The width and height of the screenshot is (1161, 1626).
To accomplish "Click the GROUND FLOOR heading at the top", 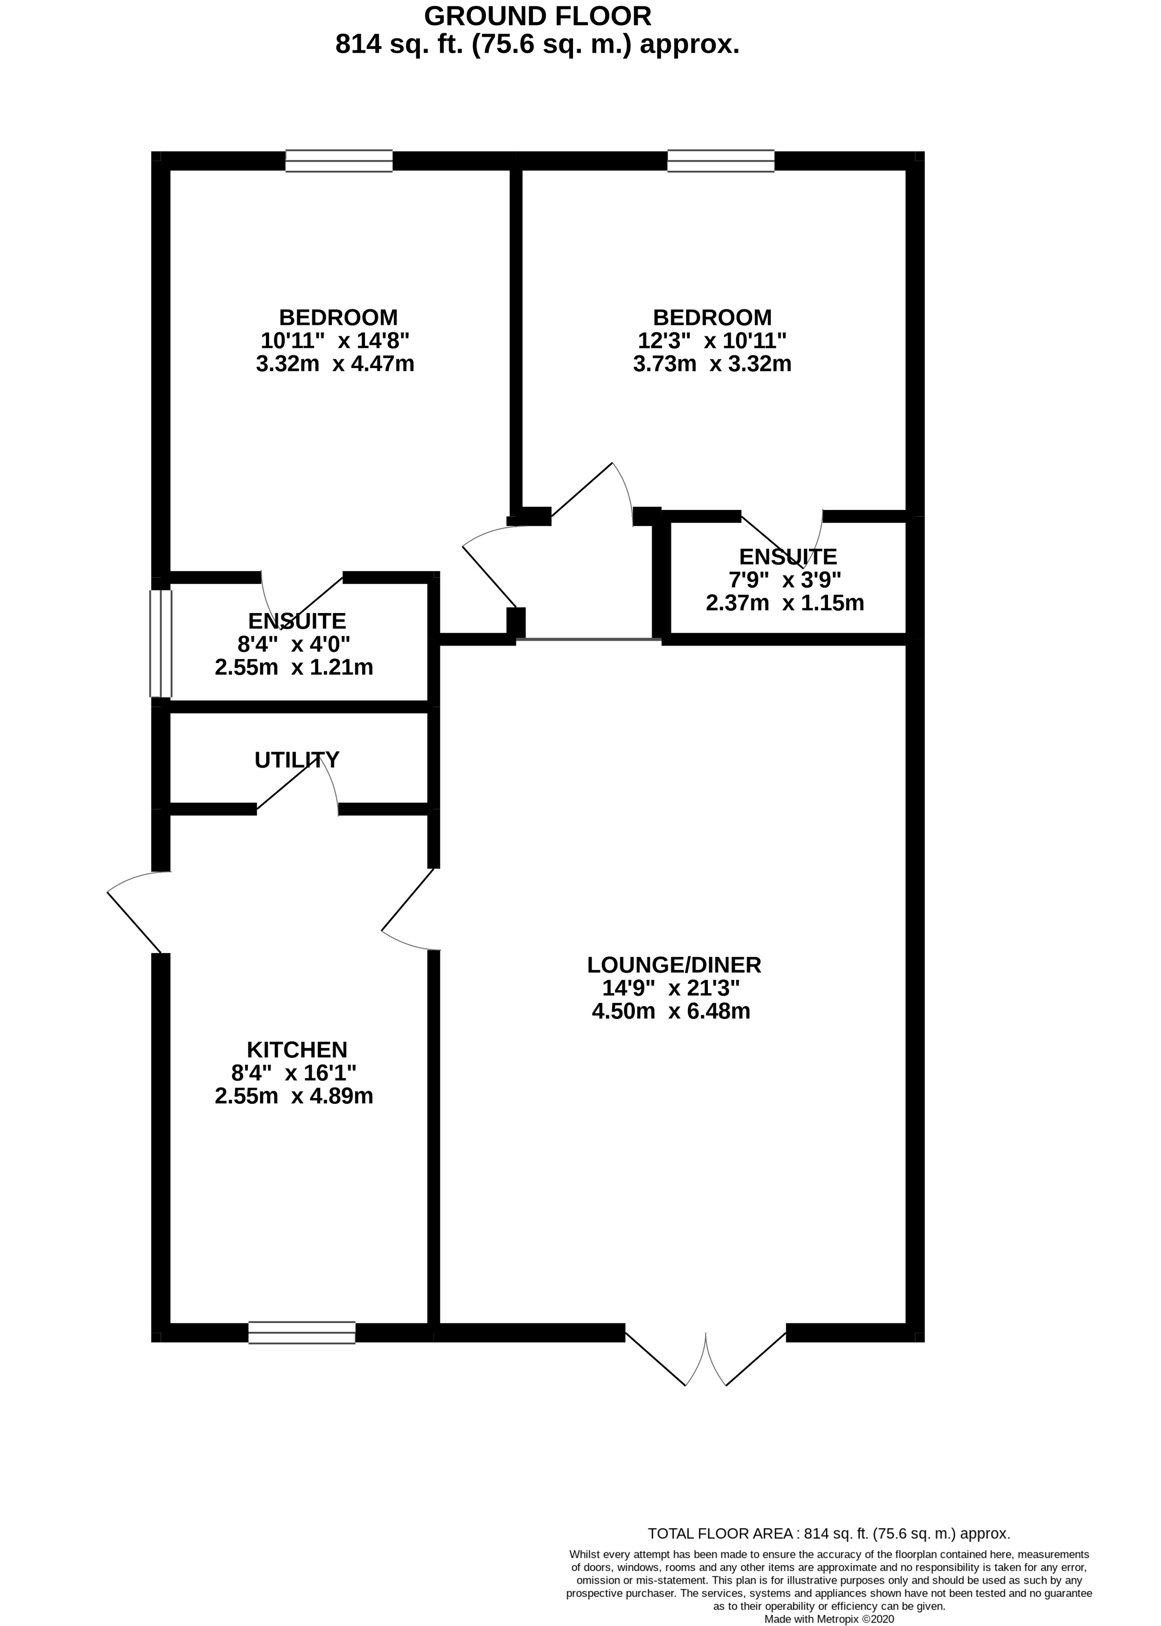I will click(537, 16).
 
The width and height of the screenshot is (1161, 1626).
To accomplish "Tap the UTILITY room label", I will click(297, 759).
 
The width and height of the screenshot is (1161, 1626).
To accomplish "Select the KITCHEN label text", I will click(297, 1050).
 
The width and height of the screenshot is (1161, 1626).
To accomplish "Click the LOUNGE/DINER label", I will click(674, 965).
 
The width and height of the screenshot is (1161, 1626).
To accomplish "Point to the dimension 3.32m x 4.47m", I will click(335, 364).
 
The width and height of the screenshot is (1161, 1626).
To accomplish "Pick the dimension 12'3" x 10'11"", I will click(712, 340).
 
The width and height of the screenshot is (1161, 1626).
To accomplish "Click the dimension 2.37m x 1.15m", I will click(785, 603).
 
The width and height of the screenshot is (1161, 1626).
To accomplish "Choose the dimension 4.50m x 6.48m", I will click(671, 1011).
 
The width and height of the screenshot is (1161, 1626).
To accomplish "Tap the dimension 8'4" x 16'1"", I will click(294, 1072).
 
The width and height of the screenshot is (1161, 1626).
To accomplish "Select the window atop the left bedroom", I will click(339, 161).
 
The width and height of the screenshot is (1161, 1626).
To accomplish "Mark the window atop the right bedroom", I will click(721, 161).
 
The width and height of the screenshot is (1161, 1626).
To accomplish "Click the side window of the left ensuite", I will click(161, 643).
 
